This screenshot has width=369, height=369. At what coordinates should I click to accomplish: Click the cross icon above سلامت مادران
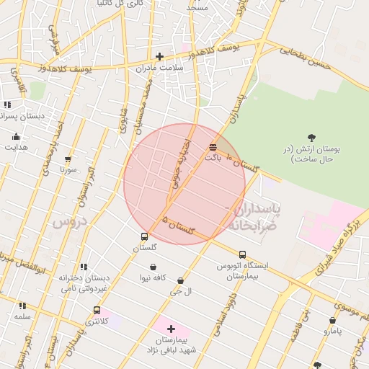tap(159, 56)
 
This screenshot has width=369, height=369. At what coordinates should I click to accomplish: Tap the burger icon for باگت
tap(211, 146)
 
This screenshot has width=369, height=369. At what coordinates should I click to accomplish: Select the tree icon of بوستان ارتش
tap(311, 137)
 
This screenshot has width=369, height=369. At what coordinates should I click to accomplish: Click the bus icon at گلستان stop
tap(144, 236)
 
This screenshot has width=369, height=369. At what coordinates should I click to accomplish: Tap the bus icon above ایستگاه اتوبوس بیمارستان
tap(242, 254)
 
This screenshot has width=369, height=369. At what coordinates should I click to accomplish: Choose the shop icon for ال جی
tap(180, 280)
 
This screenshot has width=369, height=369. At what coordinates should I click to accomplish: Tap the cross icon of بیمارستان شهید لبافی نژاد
tap(171, 329)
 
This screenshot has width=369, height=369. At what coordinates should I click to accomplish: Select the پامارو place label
tap(332, 331)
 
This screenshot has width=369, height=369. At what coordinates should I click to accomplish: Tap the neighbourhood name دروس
tap(69, 222)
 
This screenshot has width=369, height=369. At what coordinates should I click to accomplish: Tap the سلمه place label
tap(22, 316)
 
